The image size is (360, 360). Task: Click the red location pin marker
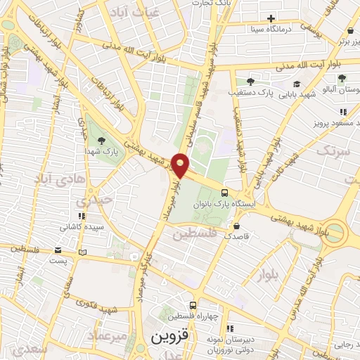pos(181,165)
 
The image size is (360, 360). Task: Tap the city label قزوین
pos(172,336)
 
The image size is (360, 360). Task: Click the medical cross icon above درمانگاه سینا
pos(271,18)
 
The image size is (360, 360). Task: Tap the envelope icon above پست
pos(58,250)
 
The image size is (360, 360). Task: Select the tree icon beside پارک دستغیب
pos(250,82)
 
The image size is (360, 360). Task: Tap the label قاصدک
pos(237,237)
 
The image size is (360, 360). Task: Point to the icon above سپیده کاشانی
pos(82,217)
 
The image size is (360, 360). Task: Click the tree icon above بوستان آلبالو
pos(342,78)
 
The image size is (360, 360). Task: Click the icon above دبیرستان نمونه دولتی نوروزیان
pos(229,328)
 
